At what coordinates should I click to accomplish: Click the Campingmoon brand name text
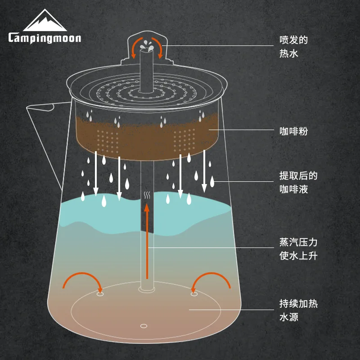point(45,37)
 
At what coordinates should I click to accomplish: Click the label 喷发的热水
point(293,46)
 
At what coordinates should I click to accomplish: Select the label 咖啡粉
point(293,132)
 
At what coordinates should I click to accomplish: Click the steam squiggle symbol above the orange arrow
point(147,196)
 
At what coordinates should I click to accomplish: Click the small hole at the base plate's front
point(144,325)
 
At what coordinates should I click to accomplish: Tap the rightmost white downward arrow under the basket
point(204,171)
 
